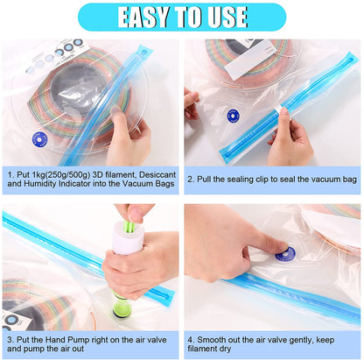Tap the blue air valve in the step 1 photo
click(39, 138)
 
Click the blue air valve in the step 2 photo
click(233, 115)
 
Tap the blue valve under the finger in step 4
click(285, 254)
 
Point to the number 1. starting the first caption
click(11, 174)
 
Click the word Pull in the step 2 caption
click(212, 179)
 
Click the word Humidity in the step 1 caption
click(39, 186)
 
